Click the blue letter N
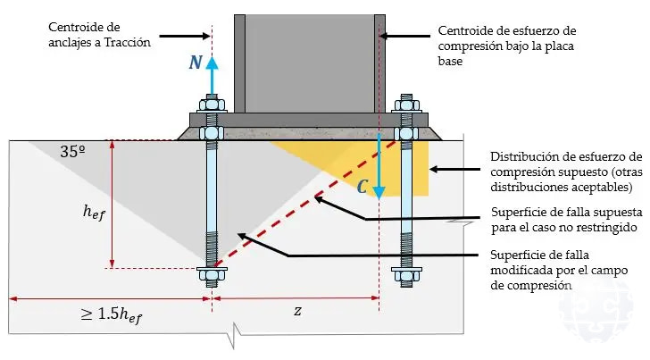[x=195, y=63]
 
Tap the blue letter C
[x=362, y=188]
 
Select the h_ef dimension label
[x=94, y=212]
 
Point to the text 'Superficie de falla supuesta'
[x=567, y=220]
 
